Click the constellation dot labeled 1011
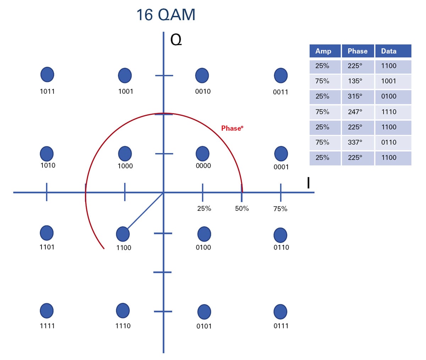pyautogui.click(x=47, y=75)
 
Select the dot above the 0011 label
pyautogui.click(x=281, y=76)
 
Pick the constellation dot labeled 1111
pyautogui.click(x=47, y=311)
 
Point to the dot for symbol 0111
pyautogui.click(x=280, y=312)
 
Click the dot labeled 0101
pyautogui.click(x=204, y=312)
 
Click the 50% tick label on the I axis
pyautogui.click(x=242, y=208)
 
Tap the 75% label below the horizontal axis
pyautogui.click(x=280, y=209)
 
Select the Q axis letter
pyautogui.click(x=176, y=40)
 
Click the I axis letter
pyautogui.click(x=308, y=183)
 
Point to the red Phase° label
pyautogui.click(x=232, y=128)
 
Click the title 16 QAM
pyautogui.click(x=166, y=15)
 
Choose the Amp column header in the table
pyautogui.click(x=323, y=51)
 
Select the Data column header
pyautogui.click(x=389, y=51)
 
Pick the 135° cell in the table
pyautogui.click(x=355, y=81)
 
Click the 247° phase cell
pyautogui.click(x=355, y=112)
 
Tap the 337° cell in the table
pyautogui.click(x=355, y=142)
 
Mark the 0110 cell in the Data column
pyautogui.click(x=389, y=142)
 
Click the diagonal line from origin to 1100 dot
pyautogui.click(x=146, y=211)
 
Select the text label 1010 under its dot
pyautogui.click(x=48, y=165)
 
